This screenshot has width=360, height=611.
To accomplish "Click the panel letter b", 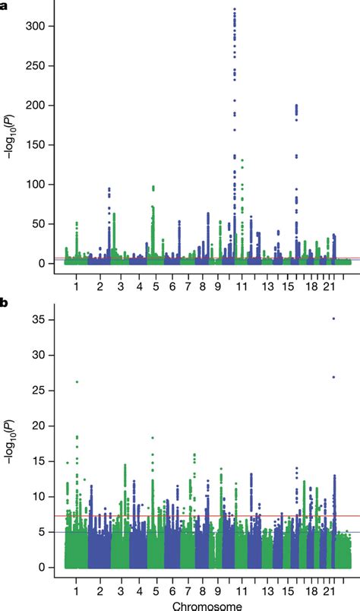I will (x=5, y=302).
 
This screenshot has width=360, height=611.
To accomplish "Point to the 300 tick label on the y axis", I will (x=43, y=27).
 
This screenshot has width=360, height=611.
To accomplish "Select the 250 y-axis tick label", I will (x=43, y=66).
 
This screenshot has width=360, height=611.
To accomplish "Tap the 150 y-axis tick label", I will (x=43, y=145).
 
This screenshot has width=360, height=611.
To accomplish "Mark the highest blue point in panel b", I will (x=334, y=318).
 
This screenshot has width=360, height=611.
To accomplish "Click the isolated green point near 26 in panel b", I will (x=77, y=381).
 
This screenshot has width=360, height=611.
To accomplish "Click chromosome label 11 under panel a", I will (x=242, y=287).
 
